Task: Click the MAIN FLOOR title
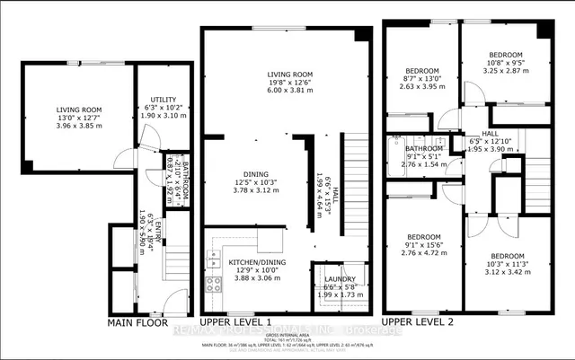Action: [139, 321]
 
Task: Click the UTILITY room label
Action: [164, 99]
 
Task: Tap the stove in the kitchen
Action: [215, 286]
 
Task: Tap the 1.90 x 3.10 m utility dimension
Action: [164, 116]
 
